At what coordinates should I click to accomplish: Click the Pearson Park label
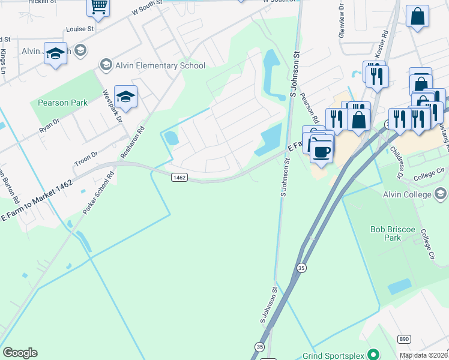tap(62, 103)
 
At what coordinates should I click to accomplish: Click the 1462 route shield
tap(179, 177)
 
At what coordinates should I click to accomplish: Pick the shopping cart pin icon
tap(98, 7)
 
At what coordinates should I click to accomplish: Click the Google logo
tap(20, 353)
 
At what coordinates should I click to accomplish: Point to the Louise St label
tap(80, 29)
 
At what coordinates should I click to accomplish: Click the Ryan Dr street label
tap(49, 126)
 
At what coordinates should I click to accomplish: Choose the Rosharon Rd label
tap(133, 142)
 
